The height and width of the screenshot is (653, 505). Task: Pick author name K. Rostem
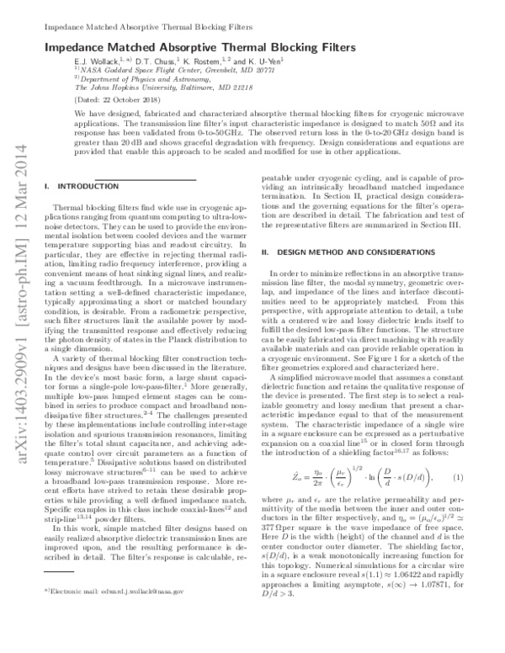click(x=205, y=63)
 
